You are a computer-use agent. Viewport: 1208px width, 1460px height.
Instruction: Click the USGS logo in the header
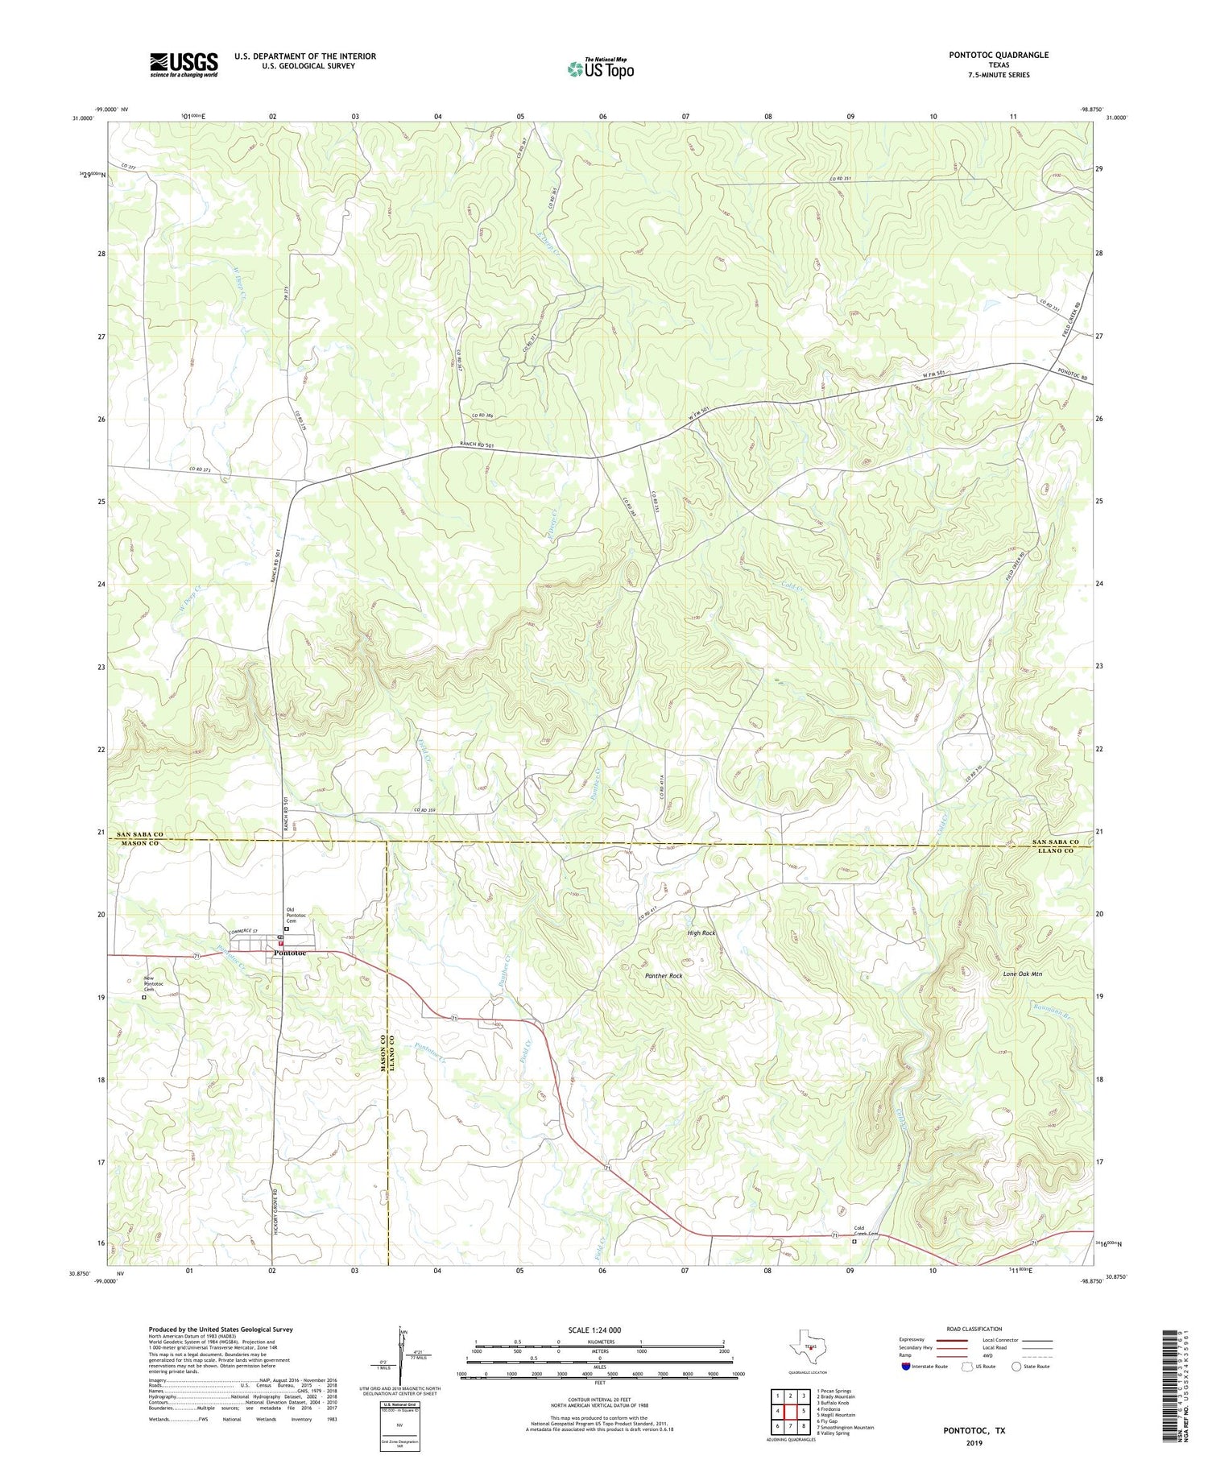184,64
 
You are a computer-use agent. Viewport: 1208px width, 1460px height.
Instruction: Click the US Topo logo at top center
600,69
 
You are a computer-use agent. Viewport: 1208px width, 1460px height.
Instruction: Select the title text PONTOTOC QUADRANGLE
999,55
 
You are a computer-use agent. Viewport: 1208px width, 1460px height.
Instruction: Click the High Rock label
701,933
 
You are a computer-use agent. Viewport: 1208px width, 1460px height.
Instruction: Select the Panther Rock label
664,976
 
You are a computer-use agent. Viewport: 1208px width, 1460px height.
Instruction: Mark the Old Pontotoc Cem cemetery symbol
287,929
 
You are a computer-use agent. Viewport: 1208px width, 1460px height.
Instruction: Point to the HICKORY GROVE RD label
275,1208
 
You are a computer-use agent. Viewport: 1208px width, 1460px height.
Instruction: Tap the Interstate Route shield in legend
906,1367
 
